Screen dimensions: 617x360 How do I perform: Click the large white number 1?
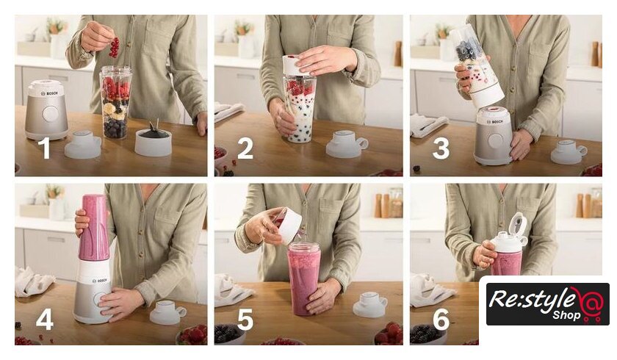coord(46,148)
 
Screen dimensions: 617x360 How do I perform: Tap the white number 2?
coord(245,148)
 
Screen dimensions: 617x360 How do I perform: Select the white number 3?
coord(441,148)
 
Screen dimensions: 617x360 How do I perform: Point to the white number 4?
coord(45,320)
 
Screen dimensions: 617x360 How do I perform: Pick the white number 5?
coord(245,320)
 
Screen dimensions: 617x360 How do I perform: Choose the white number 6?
coord(441,320)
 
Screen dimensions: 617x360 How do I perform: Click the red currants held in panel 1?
coord(115,48)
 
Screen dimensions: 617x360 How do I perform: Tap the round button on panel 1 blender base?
coord(50,114)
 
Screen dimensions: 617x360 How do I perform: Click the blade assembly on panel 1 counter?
coord(153,140)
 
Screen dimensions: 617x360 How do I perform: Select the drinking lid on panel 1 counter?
coord(83,145)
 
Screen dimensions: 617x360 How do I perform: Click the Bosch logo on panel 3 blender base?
coord(494,122)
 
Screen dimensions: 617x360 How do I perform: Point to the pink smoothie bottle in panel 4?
coord(93,228)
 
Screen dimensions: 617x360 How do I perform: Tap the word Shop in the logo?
coord(566,314)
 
